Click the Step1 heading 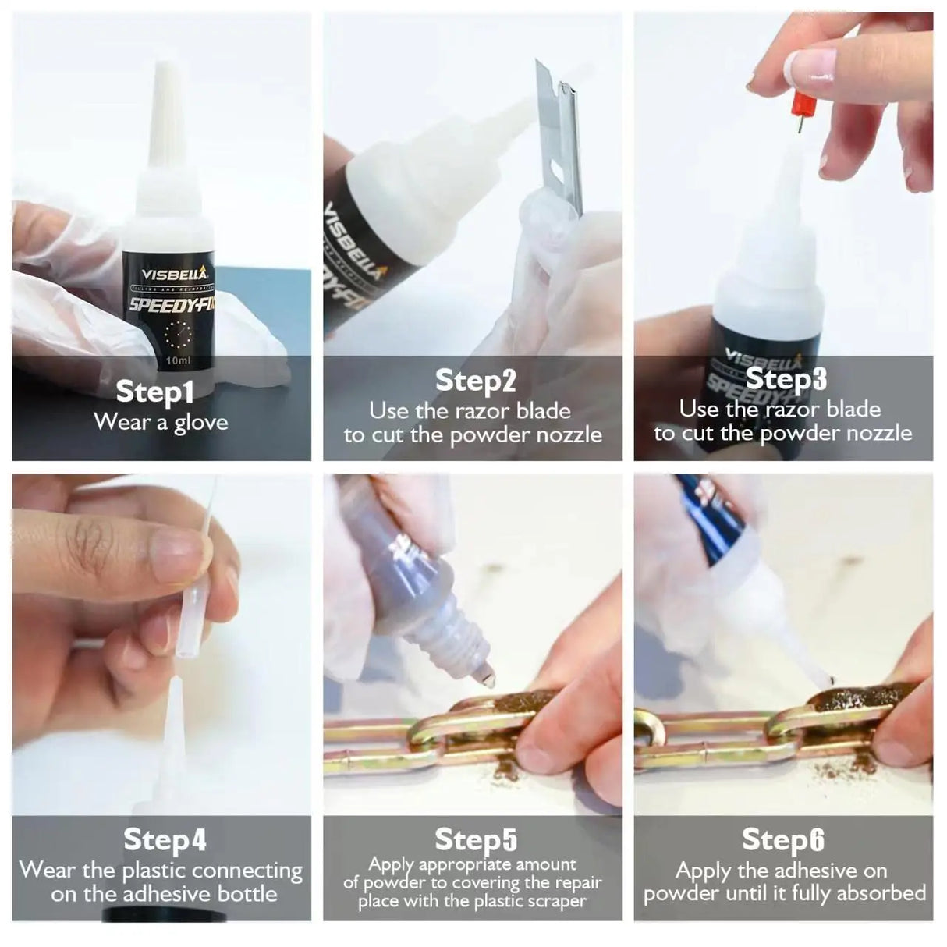click(x=154, y=392)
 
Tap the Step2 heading click(x=475, y=381)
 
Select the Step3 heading click(x=786, y=378)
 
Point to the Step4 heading click(x=165, y=840)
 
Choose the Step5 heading click(x=475, y=840)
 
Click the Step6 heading click(x=783, y=840)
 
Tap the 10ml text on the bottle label click(x=178, y=361)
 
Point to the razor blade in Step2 click(x=560, y=133)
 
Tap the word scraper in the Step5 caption click(x=555, y=903)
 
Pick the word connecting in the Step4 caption click(x=247, y=871)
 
